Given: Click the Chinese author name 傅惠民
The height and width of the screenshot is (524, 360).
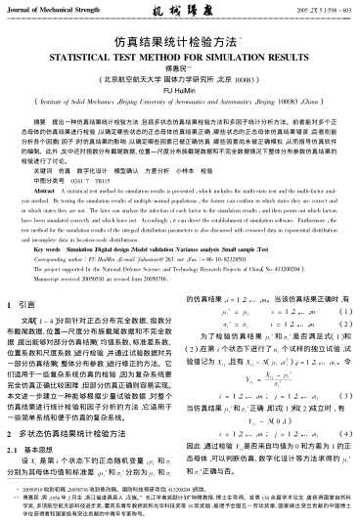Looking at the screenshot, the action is tap(180, 72).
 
